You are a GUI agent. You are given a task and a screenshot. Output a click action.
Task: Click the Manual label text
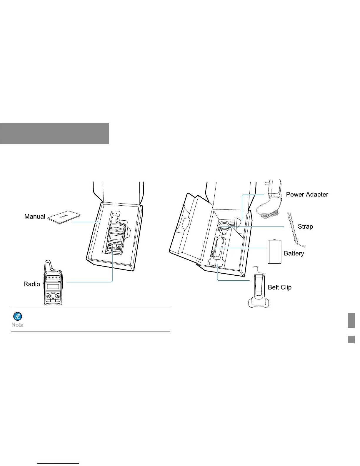pos(35,217)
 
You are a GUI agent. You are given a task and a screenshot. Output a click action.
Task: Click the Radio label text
pos(32,284)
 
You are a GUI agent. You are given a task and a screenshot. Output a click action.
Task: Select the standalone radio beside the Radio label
pos(53,284)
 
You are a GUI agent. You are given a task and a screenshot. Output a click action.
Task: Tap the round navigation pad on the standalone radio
pos(53,295)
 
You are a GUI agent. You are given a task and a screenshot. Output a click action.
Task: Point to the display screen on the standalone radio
pos(53,287)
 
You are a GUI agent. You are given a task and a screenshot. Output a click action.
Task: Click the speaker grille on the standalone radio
pos(53,277)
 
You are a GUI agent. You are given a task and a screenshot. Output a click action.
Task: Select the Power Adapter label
pos(307,194)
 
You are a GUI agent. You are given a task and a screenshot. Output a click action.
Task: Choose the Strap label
pos(305,227)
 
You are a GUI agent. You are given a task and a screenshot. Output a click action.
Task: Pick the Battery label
pos(294,254)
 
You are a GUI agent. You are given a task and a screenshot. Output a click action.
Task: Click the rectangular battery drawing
pos(275,252)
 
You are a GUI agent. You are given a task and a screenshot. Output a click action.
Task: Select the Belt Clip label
pos(280,287)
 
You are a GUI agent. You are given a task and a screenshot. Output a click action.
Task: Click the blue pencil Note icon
pos(18,317)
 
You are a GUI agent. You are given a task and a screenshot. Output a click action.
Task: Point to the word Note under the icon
pos(17,325)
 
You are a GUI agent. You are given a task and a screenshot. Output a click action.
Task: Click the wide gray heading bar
pos(54,133)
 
